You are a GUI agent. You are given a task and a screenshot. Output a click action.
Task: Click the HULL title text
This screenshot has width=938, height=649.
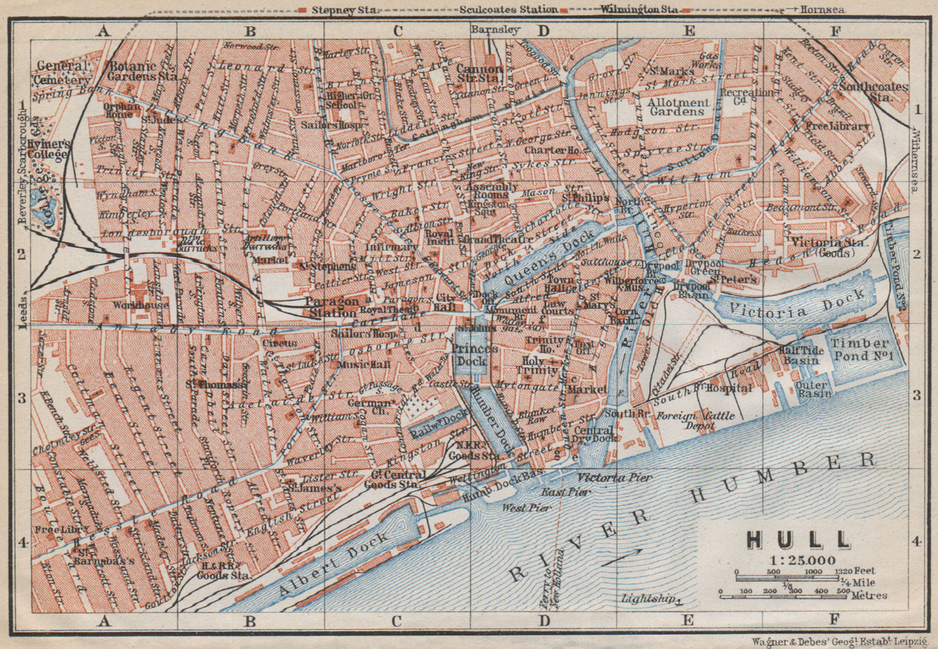tap(800, 540)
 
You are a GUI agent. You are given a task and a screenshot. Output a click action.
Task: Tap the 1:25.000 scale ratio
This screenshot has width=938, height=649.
tap(800, 560)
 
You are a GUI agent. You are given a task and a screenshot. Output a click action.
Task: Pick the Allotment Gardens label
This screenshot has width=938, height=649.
tap(678, 106)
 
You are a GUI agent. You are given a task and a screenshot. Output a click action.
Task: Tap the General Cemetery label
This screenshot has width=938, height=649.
tap(70, 72)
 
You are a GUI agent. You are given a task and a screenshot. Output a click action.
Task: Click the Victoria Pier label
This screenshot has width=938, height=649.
tap(614, 477)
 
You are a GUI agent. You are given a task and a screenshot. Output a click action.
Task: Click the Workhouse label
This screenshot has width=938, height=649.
tap(141, 305)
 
